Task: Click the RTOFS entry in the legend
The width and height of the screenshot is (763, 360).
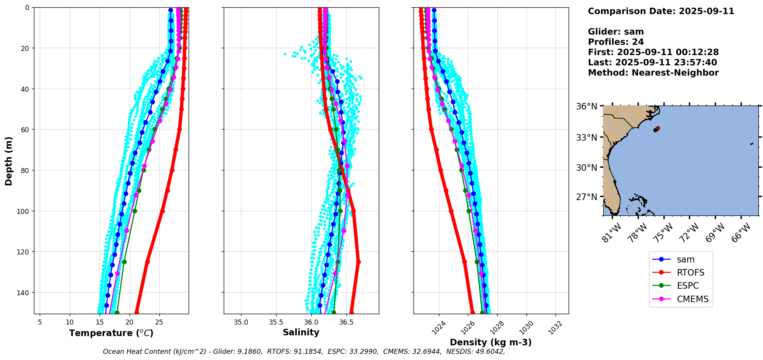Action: click(690, 273)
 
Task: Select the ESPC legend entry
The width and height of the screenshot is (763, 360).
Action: click(687, 286)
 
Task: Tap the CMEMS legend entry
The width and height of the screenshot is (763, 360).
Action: click(692, 299)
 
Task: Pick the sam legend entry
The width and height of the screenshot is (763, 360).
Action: click(685, 260)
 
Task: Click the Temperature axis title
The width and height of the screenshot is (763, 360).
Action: click(111, 333)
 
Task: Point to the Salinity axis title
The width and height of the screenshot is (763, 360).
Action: click(301, 333)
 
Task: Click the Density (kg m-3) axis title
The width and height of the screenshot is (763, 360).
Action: click(491, 342)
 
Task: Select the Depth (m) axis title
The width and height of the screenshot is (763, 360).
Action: click(8, 161)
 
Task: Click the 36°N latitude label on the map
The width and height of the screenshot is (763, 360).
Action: click(586, 106)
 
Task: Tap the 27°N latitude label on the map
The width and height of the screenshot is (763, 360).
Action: click(586, 197)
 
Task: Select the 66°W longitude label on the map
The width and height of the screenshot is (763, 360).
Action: click(741, 233)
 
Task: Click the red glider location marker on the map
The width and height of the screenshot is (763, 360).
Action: click(658, 128)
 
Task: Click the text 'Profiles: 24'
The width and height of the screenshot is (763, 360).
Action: click(616, 42)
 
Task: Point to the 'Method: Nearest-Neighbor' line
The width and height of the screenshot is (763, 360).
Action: click(653, 73)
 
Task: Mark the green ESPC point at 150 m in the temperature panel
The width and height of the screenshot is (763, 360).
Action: click(117, 313)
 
